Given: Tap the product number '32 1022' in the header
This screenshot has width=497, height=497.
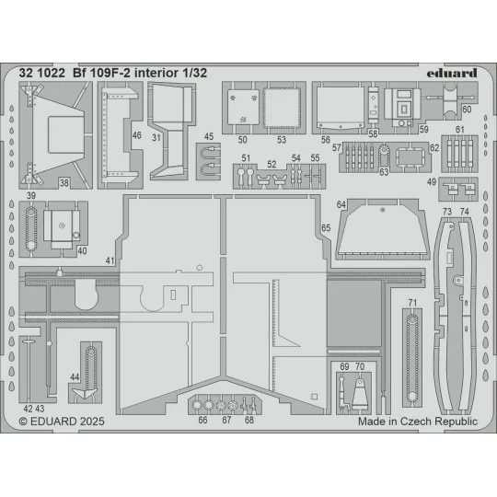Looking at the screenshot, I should coord(40,67).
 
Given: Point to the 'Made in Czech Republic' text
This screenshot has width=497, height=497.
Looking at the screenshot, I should coord(418,421).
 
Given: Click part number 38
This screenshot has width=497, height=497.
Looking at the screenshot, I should coord(64,182).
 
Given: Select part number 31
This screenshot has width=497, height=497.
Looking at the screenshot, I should coord(157,138).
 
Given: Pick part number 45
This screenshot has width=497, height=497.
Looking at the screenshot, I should coord(209,137).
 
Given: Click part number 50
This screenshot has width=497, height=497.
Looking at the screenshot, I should coord(242,139).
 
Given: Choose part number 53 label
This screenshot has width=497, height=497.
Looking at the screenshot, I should coord(282,139).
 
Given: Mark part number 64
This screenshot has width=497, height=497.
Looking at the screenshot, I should coord(341,204).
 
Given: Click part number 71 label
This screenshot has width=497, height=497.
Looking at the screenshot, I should coord(412,303).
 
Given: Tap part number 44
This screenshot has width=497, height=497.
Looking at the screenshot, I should coord(75,377).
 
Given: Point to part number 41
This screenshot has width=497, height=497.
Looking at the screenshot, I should coord(110,261).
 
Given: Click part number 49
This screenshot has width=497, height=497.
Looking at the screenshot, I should coord(432,181).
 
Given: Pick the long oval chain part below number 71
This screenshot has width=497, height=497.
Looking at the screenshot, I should coord(412,354).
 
